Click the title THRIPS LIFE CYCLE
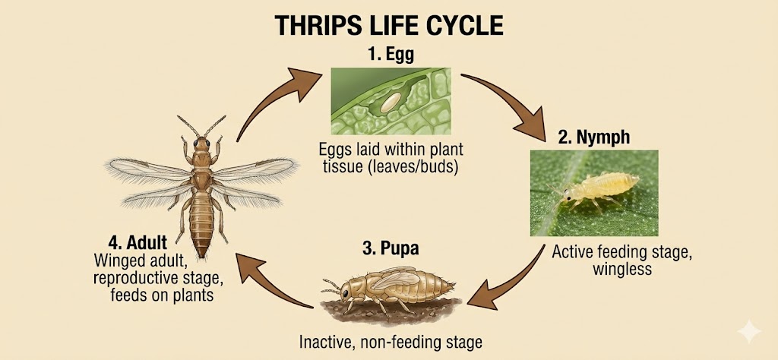(388, 25)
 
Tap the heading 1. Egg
(391, 55)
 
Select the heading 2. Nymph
(594, 137)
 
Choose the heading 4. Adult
(138, 244)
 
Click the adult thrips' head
(201, 144)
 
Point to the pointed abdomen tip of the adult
(201, 253)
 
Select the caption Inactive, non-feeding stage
(391, 342)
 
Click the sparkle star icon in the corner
(748, 331)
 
